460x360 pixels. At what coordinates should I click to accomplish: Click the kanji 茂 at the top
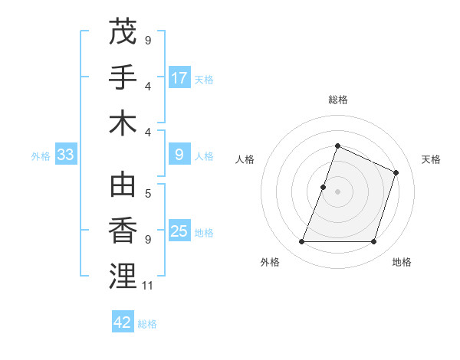tap(123, 32)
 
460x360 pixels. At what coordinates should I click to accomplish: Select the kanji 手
tap(123, 77)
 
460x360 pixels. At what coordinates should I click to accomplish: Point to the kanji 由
tap(123, 186)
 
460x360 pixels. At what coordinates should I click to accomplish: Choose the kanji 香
tap(123, 231)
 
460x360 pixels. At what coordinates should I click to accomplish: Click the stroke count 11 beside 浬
tap(148, 286)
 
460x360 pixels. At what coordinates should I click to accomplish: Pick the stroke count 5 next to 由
tap(148, 194)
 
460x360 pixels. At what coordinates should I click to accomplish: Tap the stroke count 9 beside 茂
tap(148, 40)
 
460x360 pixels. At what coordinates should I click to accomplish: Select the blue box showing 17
tap(179, 77)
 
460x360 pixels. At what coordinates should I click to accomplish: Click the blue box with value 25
tap(179, 231)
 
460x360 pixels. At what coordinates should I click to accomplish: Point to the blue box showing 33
tap(65, 155)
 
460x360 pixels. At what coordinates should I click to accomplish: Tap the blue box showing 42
tap(123, 322)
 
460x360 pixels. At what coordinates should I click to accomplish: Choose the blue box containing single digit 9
tap(179, 155)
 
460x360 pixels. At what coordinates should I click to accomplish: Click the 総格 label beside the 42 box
tap(147, 324)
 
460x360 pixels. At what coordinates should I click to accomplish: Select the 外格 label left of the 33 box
tap(41, 156)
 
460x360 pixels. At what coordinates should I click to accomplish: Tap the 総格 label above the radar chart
tap(337, 100)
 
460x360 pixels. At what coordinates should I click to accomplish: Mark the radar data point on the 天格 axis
tap(396, 172)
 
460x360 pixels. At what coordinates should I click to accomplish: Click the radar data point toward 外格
tap(301, 242)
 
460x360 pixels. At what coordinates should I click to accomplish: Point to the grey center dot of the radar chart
tap(337, 191)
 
